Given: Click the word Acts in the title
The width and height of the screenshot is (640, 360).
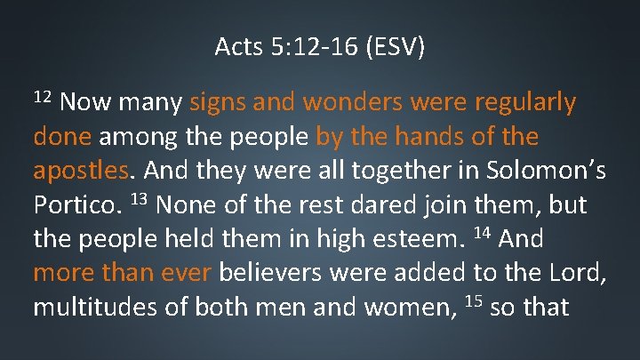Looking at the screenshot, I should click(235, 46).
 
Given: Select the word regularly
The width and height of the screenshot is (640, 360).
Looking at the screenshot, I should click(525, 104).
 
